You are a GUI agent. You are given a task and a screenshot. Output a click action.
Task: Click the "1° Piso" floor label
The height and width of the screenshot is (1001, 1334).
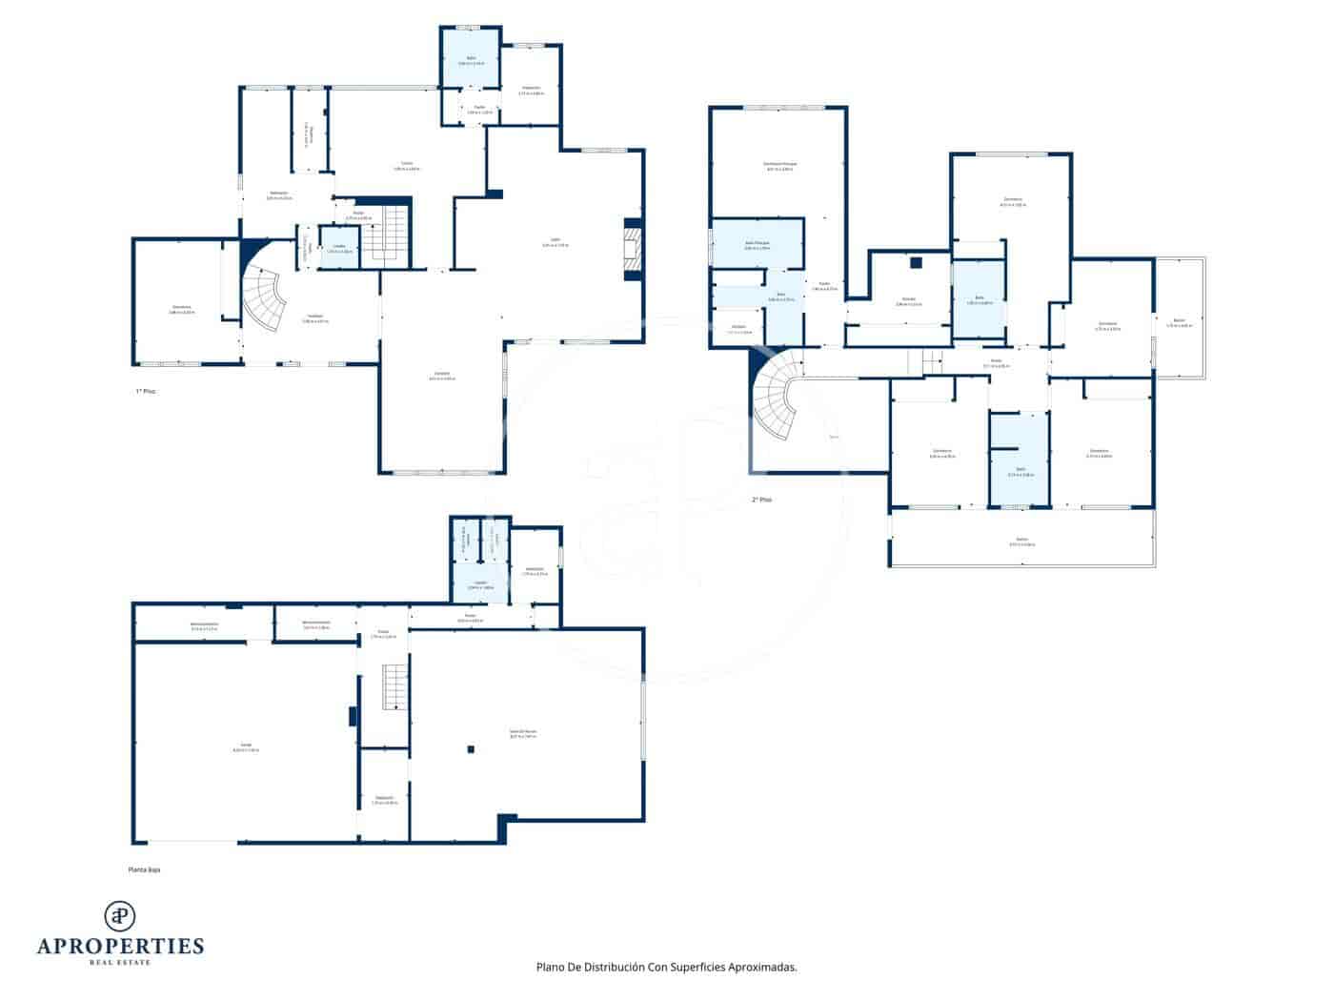[x=144, y=392]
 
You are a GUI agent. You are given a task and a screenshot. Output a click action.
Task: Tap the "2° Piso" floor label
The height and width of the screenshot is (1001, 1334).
[x=761, y=500]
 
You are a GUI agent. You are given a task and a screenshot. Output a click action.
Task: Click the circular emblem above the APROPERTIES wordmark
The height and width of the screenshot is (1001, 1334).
[x=120, y=915]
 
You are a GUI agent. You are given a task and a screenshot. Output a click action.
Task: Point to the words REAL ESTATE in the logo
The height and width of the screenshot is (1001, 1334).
[x=120, y=962]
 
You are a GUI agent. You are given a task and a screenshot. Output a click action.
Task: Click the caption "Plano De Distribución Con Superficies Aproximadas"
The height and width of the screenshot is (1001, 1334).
[x=666, y=967]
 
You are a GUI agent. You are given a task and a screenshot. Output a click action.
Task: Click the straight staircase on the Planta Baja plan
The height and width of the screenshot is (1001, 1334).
[x=395, y=687]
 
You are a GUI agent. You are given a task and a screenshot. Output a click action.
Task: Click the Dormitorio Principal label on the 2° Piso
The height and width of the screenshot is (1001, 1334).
[x=779, y=165]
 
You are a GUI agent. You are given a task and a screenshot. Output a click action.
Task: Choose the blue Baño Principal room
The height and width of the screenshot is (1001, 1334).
[x=758, y=244]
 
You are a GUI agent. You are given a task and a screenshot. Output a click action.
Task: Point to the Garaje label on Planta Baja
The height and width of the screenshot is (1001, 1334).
[x=245, y=746]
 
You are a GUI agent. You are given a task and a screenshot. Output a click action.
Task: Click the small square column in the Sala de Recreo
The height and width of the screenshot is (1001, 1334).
[x=471, y=750]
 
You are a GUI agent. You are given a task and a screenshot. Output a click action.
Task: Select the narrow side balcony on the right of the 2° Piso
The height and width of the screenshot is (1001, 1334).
[x=1179, y=318]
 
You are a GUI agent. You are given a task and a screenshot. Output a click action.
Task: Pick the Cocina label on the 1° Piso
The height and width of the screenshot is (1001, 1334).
[x=407, y=166]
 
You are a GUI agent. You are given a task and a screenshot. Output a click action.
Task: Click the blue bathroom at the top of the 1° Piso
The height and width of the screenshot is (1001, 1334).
[x=470, y=58]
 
